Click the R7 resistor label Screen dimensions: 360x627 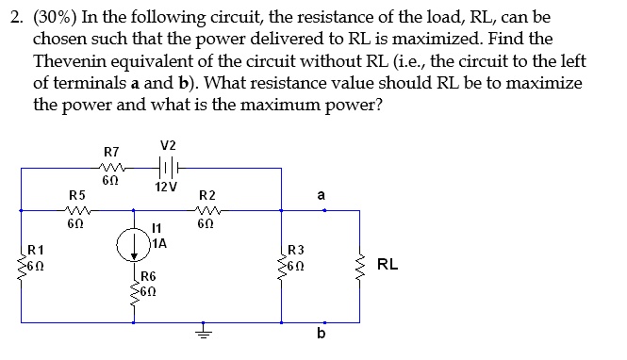pyautogui.click(x=110, y=151)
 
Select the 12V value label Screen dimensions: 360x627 pyautogui.click(x=168, y=187)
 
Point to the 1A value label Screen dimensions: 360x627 pyautogui.click(x=159, y=242)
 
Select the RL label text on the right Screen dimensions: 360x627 pyautogui.click(x=387, y=265)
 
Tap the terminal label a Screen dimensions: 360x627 pyautogui.click(x=322, y=194)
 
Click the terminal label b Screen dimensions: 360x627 pyautogui.click(x=322, y=338)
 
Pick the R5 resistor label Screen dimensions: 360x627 pyautogui.click(x=78, y=194)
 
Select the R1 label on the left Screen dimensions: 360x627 pyautogui.click(x=36, y=250)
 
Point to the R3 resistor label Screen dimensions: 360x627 pyautogui.click(x=296, y=250)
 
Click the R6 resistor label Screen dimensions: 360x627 pyautogui.click(x=148, y=277)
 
